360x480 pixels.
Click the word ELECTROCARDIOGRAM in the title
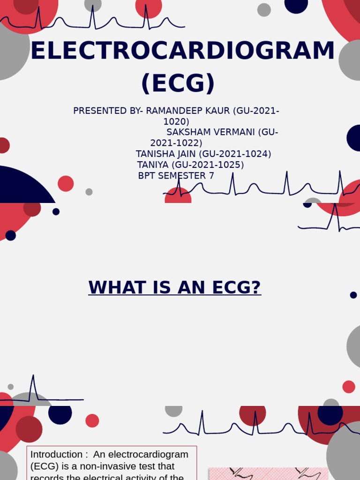[183, 51]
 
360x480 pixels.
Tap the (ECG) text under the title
[178, 83]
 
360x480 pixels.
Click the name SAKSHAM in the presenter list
[187, 132]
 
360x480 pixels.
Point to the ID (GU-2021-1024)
[235, 154]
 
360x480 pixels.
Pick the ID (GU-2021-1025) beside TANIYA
[208, 165]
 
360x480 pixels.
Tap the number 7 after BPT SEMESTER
[211, 176]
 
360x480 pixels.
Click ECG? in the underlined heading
[236, 287]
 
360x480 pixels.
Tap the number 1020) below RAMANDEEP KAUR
[176, 122]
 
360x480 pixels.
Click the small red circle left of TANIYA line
[66, 183]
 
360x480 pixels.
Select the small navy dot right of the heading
[353, 295]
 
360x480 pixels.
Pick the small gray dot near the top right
[264, 10]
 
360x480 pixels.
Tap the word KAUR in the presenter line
[217, 111]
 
